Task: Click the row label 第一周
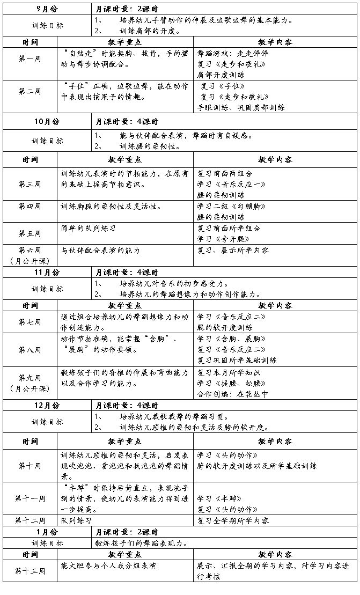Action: coord(30,58)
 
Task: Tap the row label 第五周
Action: coord(30,233)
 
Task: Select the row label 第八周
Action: coord(30,350)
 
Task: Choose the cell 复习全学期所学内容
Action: coord(233,520)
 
